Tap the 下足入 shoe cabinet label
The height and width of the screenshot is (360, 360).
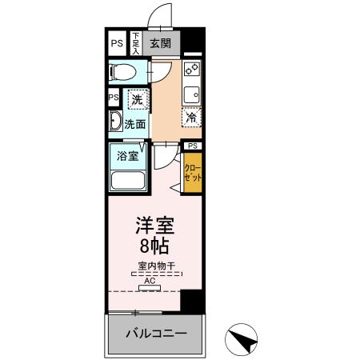pos(136,42)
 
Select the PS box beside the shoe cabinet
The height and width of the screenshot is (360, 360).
pos(117,42)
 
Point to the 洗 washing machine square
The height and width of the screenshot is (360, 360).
pos(137,101)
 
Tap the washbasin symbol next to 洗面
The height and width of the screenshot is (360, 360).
pos(115,123)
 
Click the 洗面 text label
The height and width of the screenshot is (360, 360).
pos(135,124)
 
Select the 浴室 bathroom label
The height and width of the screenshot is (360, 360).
pos(127,154)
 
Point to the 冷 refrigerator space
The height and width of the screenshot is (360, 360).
pos(191,117)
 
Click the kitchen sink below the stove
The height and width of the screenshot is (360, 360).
pos(192,94)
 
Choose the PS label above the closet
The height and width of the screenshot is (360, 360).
pos(192,146)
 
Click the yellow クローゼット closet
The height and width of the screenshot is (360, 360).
pos(193,173)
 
